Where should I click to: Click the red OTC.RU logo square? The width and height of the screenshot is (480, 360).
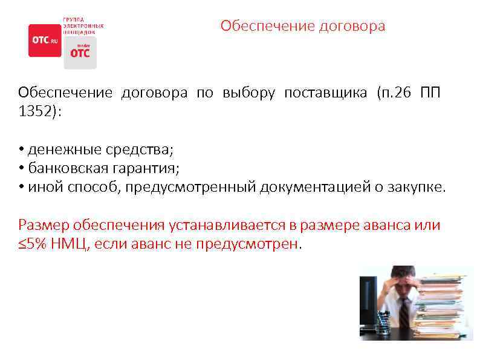[45, 40]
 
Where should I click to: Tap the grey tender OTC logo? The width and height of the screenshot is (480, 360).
[80, 52]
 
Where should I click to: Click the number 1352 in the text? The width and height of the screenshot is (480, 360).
[35, 113]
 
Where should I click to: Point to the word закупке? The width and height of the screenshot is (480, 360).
[417, 187]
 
